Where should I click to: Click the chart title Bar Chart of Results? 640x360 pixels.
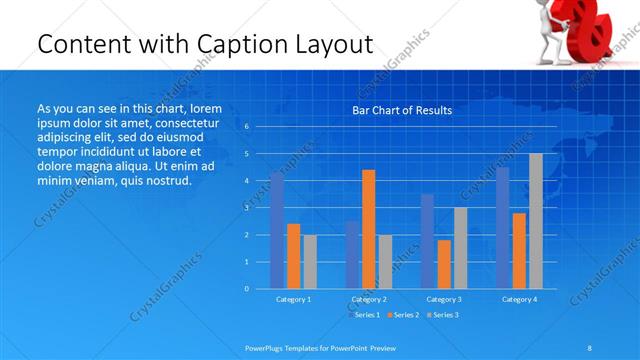(401, 110)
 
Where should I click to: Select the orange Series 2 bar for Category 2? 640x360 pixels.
(369, 229)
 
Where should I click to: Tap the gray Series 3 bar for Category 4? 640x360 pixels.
(535, 221)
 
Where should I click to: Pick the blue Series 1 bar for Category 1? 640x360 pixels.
(277, 231)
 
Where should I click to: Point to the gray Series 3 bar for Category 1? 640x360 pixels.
(310, 262)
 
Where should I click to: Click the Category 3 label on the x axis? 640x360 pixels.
(444, 299)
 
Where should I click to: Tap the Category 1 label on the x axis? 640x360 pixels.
(293, 299)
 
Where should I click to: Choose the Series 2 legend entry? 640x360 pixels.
(403, 315)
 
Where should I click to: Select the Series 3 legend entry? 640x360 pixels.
(442, 315)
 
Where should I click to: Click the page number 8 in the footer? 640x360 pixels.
(590, 346)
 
